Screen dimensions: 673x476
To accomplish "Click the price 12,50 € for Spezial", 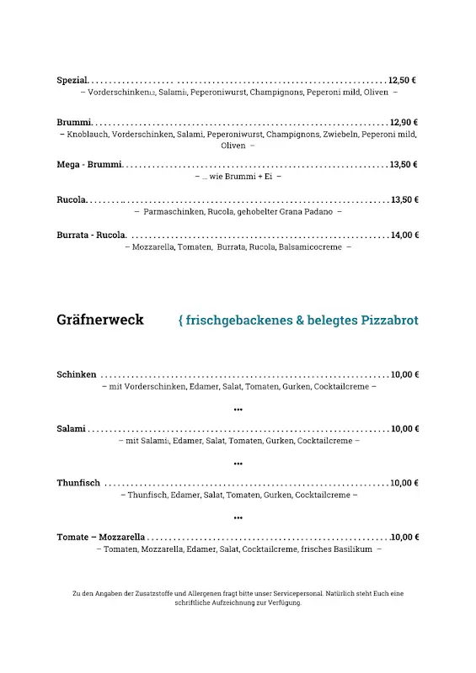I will tap(402, 81).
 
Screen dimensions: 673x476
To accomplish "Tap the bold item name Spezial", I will tap(72, 81).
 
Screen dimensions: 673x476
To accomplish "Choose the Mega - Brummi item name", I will tap(89, 165).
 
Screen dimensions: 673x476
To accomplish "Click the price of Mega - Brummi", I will tap(404, 165).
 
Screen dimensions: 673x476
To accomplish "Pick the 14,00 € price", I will tap(404, 236).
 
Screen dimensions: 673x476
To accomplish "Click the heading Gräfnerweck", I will tap(100, 321).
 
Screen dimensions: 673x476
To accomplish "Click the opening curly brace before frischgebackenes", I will tap(181, 321).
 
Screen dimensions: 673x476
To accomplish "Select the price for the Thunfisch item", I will tap(404, 483).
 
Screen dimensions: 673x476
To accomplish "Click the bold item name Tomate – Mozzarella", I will tap(101, 537).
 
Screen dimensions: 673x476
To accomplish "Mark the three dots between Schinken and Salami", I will tap(238, 410).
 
